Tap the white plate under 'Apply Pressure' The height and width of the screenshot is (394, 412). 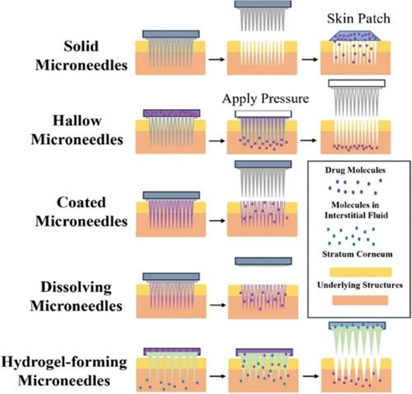click(x=263, y=114)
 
